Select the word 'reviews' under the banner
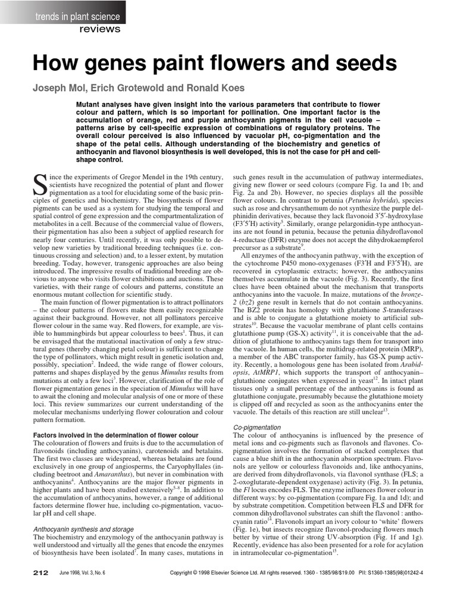pyautogui.click(x=99, y=29)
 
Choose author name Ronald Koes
pyautogui.click(x=216, y=88)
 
